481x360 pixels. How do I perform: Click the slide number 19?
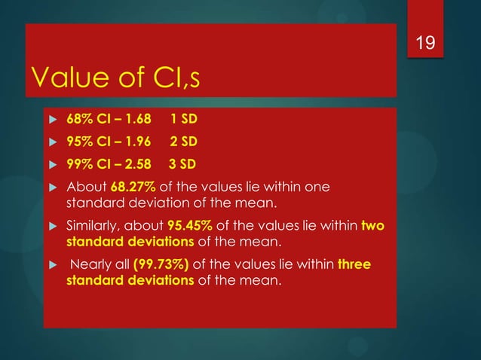coord(426,44)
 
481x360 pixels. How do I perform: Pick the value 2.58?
coord(136,163)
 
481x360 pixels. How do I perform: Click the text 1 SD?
coord(185,120)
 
